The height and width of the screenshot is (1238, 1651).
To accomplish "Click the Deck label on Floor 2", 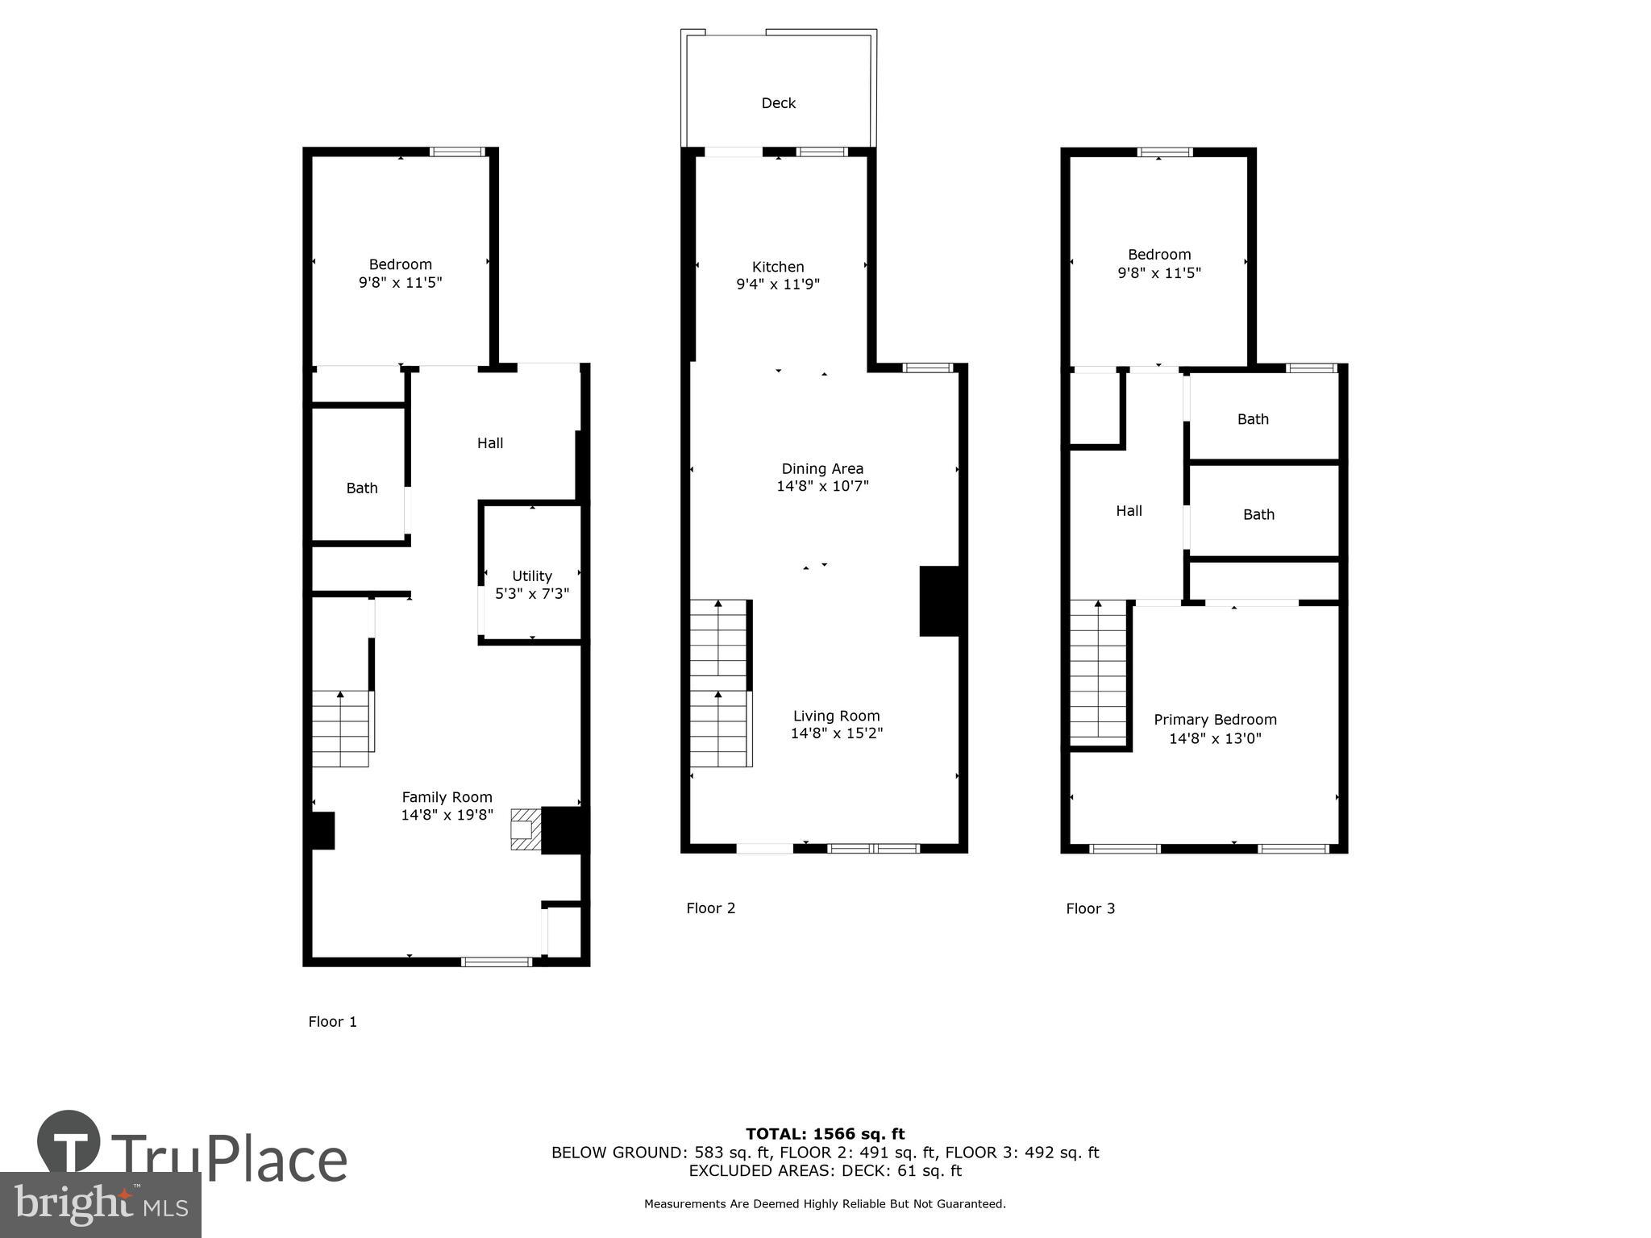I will [x=778, y=103].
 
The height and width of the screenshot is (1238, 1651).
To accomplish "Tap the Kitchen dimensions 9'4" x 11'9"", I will [x=778, y=285].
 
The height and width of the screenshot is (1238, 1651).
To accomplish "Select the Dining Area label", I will [x=822, y=468].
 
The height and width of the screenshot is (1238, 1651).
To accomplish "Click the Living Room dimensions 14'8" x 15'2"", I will [x=836, y=733].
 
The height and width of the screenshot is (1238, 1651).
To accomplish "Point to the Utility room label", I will [x=532, y=575].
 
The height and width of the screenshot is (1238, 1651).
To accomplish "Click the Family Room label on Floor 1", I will [x=447, y=797].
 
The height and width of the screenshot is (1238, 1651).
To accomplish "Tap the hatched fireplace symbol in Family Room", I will [x=524, y=829].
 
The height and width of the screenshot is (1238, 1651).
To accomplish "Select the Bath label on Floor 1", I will [x=362, y=488].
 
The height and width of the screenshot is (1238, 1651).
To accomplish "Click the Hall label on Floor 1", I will [x=489, y=442].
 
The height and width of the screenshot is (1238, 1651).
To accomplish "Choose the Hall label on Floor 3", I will [x=1129, y=510].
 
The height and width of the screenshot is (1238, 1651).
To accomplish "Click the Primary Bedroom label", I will [x=1215, y=720].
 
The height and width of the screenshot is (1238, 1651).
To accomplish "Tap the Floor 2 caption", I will [x=710, y=908].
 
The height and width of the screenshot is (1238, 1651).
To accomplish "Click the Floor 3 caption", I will [x=1090, y=909].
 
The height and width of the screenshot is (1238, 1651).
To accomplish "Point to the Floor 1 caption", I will [x=332, y=1022].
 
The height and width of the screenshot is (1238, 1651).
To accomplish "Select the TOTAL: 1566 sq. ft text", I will [x=825, y=1134].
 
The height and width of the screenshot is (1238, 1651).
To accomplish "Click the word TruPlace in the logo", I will [x=230, y=1159].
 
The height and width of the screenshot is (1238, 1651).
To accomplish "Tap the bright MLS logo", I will [x=101, y=1204].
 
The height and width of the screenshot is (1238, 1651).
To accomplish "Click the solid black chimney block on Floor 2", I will [x=939, y=601].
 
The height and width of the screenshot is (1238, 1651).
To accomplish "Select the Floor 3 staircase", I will [x=1097, y=673].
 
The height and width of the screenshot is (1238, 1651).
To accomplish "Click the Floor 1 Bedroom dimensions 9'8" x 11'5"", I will [x=400, y=283].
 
